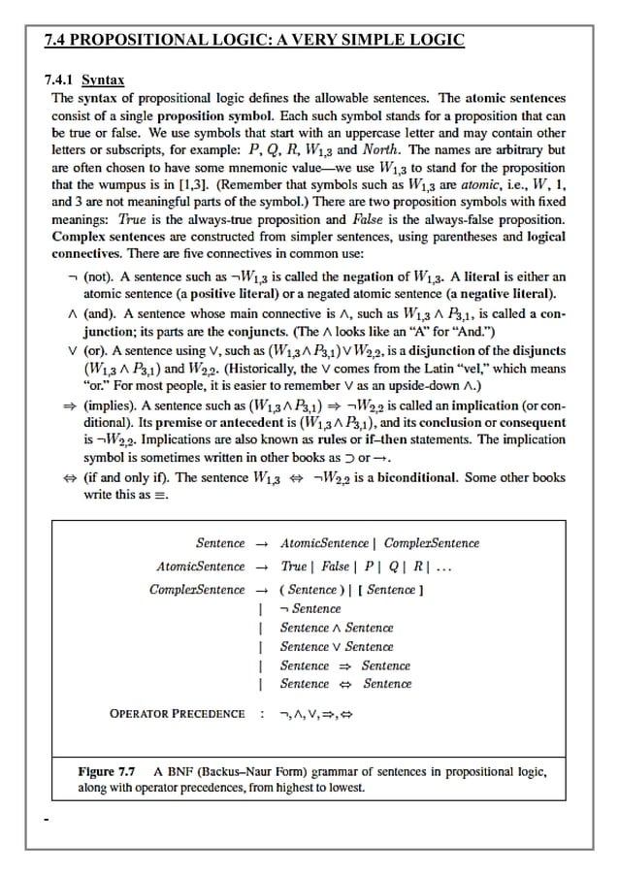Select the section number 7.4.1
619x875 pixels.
pyautogui.click(x=61, y=80)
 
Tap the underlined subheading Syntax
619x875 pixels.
pyautogui.click(x=103, y=80)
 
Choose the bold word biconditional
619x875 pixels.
pyautogui.click(x=414, y=478)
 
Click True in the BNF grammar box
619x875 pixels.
pyautogui.click(x=293, y=567)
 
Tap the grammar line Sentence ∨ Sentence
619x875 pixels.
pyautogui.click(x=336, y=646)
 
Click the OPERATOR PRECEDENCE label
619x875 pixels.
pyautogui.click(x=177, y=714)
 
